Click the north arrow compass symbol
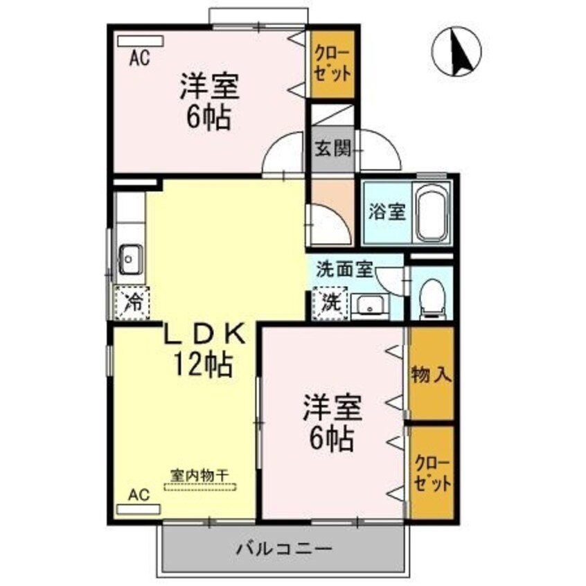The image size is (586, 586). (x=456, y=52)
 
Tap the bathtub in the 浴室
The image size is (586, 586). (x=432, y=211)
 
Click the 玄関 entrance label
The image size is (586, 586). (x=332, y=148)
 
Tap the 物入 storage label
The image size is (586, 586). (x=431, y=375)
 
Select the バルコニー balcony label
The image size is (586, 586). (x=283, y=549)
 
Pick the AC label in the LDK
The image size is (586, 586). (x=139, y=495)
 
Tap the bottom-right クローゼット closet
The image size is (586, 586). (x=432, y=472)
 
